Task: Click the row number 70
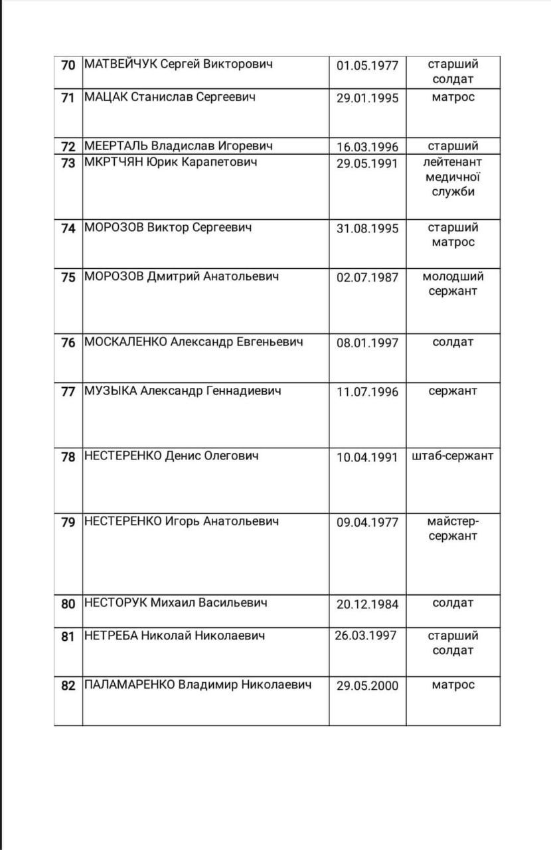tap(68, 66)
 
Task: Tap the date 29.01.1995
tap(367, 98)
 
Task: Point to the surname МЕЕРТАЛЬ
tap(116, 146)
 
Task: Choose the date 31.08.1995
tap(367, 228)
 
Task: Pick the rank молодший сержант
tap(453, 284)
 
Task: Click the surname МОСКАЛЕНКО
tap(125, 342)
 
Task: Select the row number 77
tap(68, 391)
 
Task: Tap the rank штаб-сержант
tap(453, 456)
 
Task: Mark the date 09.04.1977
tap(367, 522)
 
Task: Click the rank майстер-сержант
tap(453, 528)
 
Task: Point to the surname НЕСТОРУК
tap(115, 603)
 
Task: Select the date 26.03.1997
tap(366, 636)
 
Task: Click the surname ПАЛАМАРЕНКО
tap(129, 685)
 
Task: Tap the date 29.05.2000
tap(367, 685)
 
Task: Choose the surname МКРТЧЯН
tap(114, 162)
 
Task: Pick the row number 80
tap(68, 604)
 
